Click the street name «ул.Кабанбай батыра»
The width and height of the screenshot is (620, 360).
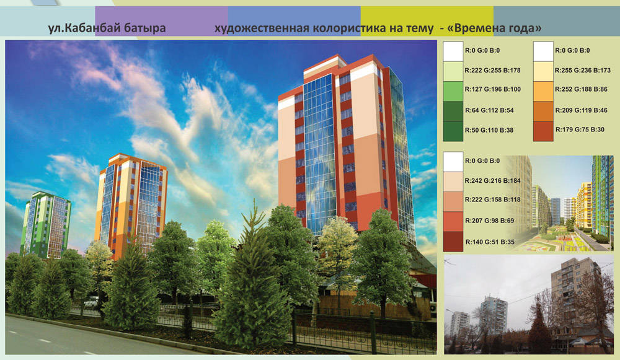107,29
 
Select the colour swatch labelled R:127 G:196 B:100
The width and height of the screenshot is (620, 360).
453,91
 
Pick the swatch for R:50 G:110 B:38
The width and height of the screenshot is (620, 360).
453,131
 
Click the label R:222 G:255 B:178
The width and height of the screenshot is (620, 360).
493,71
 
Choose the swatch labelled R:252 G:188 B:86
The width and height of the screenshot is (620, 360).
543,91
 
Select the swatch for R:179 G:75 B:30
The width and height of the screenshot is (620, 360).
543,131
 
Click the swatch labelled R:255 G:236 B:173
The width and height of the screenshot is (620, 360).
543,71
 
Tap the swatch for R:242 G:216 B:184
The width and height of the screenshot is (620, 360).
453,182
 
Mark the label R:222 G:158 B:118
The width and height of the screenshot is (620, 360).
493,200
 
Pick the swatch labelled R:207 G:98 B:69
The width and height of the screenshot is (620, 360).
453,222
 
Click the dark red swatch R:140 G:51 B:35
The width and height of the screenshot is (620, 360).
453,242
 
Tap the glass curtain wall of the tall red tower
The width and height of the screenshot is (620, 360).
319,154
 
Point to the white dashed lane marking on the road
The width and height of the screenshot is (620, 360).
45,340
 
